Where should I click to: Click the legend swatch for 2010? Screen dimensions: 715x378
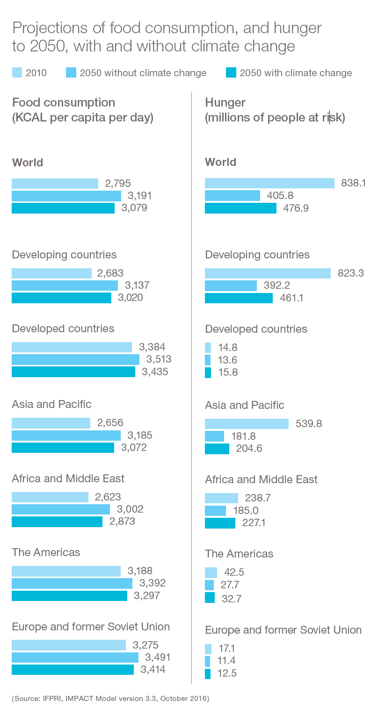[17, 73]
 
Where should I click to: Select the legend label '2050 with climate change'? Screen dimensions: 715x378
[296, 73]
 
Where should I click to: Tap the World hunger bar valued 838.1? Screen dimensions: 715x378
[269, 183]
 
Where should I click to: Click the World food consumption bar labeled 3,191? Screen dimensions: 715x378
[66, 196]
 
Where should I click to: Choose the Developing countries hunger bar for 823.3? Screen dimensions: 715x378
[268, 273]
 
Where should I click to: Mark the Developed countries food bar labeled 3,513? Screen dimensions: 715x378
[75, 359]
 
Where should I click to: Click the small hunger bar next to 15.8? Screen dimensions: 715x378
[208, 372]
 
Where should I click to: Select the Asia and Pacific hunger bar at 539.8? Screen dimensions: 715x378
[247, 424]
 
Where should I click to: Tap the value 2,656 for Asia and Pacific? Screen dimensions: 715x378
[110, 423]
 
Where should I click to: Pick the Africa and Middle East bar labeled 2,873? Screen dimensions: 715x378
[57, 522]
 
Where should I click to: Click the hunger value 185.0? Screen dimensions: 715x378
[246, 510]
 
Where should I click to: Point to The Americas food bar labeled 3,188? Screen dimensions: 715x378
[66, 571]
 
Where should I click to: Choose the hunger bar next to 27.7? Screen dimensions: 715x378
[209, 585]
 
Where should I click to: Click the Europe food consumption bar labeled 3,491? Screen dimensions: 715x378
[75, 658]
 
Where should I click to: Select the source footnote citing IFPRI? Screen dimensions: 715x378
[110, 699]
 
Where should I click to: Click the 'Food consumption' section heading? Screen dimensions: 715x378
[64, 102]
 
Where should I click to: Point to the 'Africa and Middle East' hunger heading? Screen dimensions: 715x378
[261, 479]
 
